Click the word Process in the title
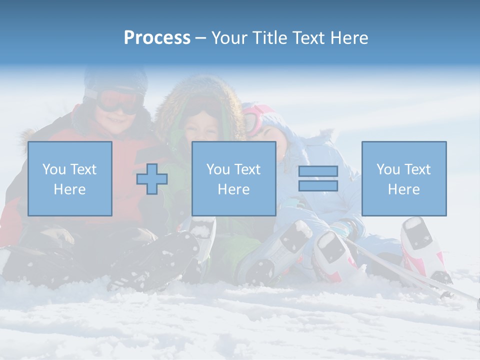pyautogui.click(x=157, y=38)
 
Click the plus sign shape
pyautogui.click(x=152, y=179)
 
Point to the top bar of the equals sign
pyautogui.click(x=318, y=171)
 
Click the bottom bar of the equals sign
pyautogui.click(x=318, y=186)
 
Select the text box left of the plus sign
pyautogui.click(x=70, y=179)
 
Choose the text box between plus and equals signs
pyautogui.click(x=233, y=179)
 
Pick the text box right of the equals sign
pyautogui.click(x=404, y=179)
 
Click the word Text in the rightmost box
pyautogui.click(x=418, y=170)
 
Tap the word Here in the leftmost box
pyautogui.click(x=69, y=189)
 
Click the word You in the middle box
pyautogui.click(x=218, y=170)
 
